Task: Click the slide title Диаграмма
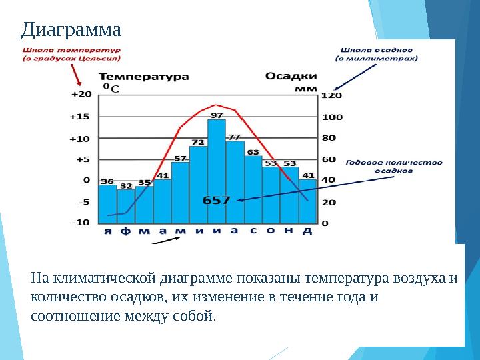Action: [x=71, y=29]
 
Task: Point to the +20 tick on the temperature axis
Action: [x=81, y=95]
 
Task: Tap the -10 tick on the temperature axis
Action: [x=81, y=222]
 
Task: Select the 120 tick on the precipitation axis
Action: [x=332, y=95]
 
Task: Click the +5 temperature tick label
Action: [x=83, y=159]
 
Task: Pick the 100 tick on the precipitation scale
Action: [x=332, y=117]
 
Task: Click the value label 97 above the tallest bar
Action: [x=217, y=115]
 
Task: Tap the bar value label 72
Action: [x=198, y=142]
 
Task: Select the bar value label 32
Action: [x=126, y=186]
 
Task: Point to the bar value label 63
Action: [x=253, y=152]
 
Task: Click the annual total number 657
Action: [x=217, y=199]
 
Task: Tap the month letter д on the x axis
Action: [x=307, y=231]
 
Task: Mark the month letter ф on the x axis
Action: [x=126, y=231]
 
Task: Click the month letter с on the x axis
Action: [x=253, y=231]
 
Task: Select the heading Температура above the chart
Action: [x=144, y=76]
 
